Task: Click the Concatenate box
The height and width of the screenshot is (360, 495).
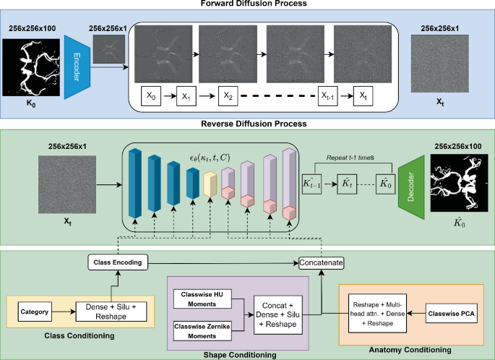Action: [x=322, y=262]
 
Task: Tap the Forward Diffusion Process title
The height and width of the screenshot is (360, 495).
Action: [x=247, y=4]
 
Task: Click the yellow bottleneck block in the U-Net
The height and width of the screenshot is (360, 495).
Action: [x=210, y=187]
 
